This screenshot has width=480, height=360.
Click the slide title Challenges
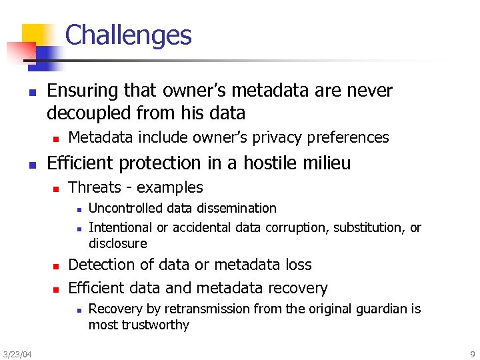tap(128, 35)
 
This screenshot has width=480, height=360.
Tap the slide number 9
tap(472, 353)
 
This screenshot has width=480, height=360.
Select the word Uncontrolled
tap(127, 208)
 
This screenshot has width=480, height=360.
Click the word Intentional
tap(121, 227)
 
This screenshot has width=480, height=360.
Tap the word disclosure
tap(117, 243)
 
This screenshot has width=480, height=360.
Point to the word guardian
tap(382, 309)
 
